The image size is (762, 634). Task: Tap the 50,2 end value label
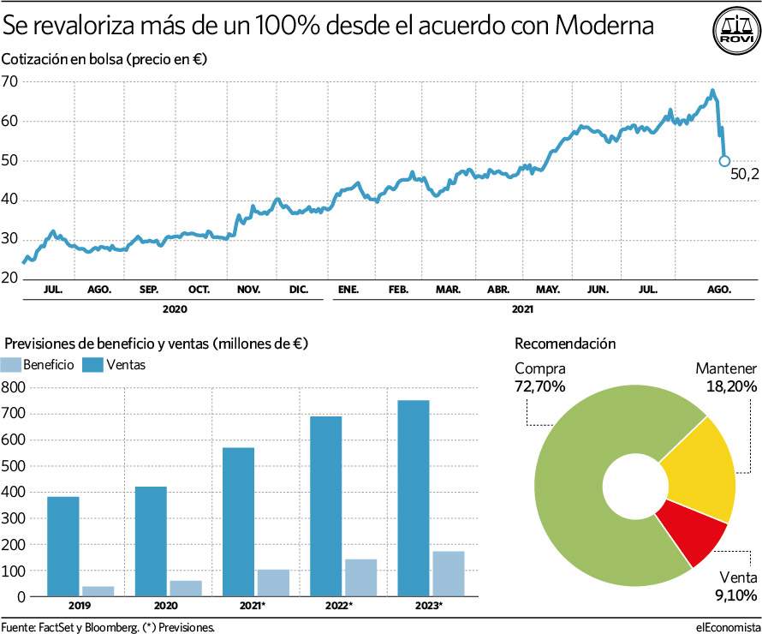(744, 174)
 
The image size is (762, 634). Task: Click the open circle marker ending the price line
(724, 160)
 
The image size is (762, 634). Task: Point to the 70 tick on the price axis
(10, 81)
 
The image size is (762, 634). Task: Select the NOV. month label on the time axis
(248, 290)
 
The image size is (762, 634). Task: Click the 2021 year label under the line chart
(522, 308)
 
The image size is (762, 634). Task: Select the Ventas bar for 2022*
(324, 505)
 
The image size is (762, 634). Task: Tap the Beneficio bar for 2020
(187, 588)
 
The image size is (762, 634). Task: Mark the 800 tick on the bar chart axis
(14, 387)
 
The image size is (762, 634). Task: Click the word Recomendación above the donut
(565, 344)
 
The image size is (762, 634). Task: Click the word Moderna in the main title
(604, 27)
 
